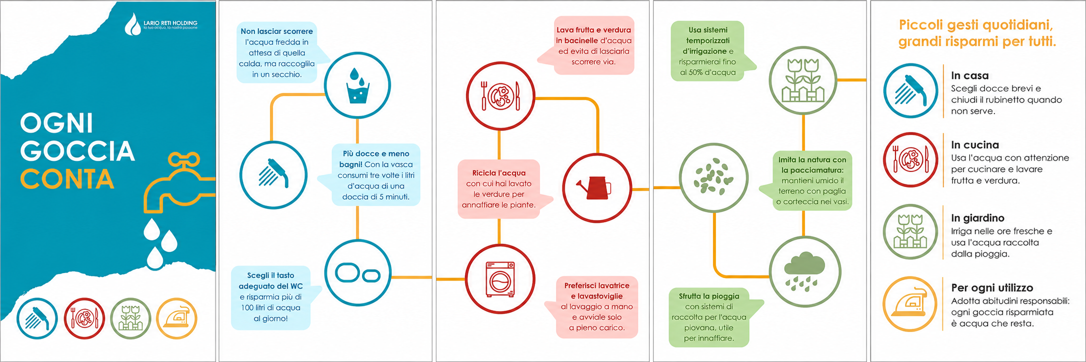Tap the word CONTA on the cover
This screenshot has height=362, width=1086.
coord(67,179)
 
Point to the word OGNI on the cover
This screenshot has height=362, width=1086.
coord(56,123)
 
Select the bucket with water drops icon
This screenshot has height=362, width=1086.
coord(357,85)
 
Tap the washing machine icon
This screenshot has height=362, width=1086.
coord(500,279)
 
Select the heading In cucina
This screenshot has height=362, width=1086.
coord(975,145)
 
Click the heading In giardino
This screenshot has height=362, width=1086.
coord(977,218)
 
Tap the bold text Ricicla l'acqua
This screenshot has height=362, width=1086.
coord(499,173)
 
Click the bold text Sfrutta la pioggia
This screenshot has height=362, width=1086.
coord(709,296)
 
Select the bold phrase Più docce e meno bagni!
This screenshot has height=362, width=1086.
coord(376,159)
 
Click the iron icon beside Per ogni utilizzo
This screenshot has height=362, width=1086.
coord(909,304)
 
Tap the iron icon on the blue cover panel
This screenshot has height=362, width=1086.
coord(176,318)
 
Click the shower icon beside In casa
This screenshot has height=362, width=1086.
coord(910,90)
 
